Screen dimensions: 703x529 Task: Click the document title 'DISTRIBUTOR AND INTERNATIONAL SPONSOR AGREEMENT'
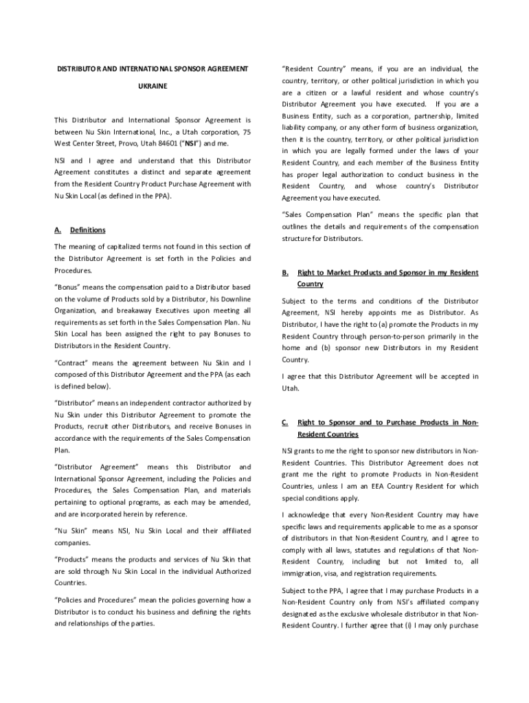point(153,69)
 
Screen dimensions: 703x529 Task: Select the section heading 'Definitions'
point(87,230)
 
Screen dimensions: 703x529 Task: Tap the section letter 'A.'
point(58,230)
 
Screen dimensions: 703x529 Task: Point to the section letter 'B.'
point(285,273)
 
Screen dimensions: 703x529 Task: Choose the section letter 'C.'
point(285,422)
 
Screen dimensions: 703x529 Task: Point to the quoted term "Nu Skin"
point(70,531)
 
